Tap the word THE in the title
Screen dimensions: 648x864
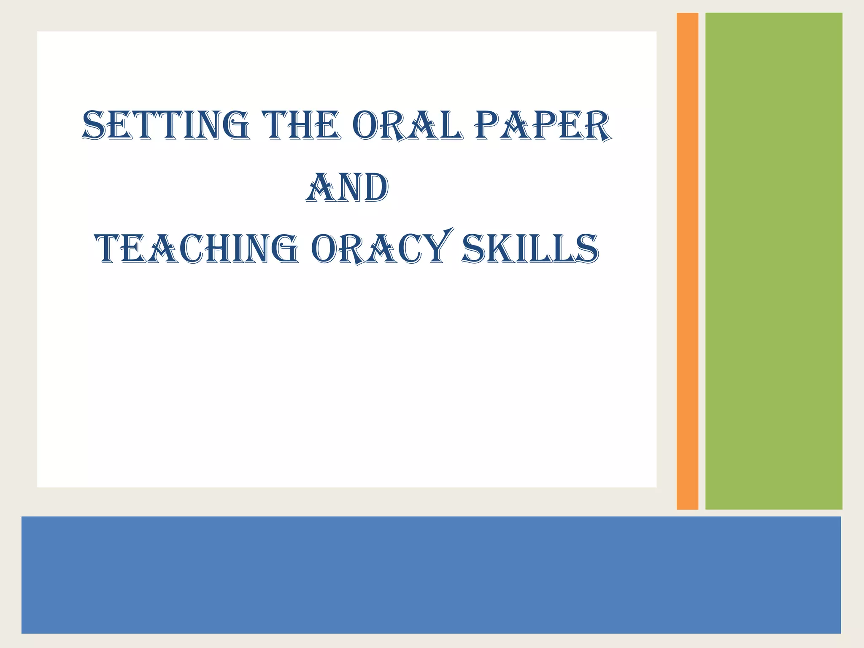click(300, 125)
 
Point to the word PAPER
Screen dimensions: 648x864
click(543, 125)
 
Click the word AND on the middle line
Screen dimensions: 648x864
click(347, 187)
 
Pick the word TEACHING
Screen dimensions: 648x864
click(197, 249)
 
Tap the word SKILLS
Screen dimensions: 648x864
click(530, 249)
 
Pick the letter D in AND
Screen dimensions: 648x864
click(373, 188)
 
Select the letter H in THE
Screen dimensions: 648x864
click(300, 125)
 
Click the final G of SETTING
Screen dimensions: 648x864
click(234, 125)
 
